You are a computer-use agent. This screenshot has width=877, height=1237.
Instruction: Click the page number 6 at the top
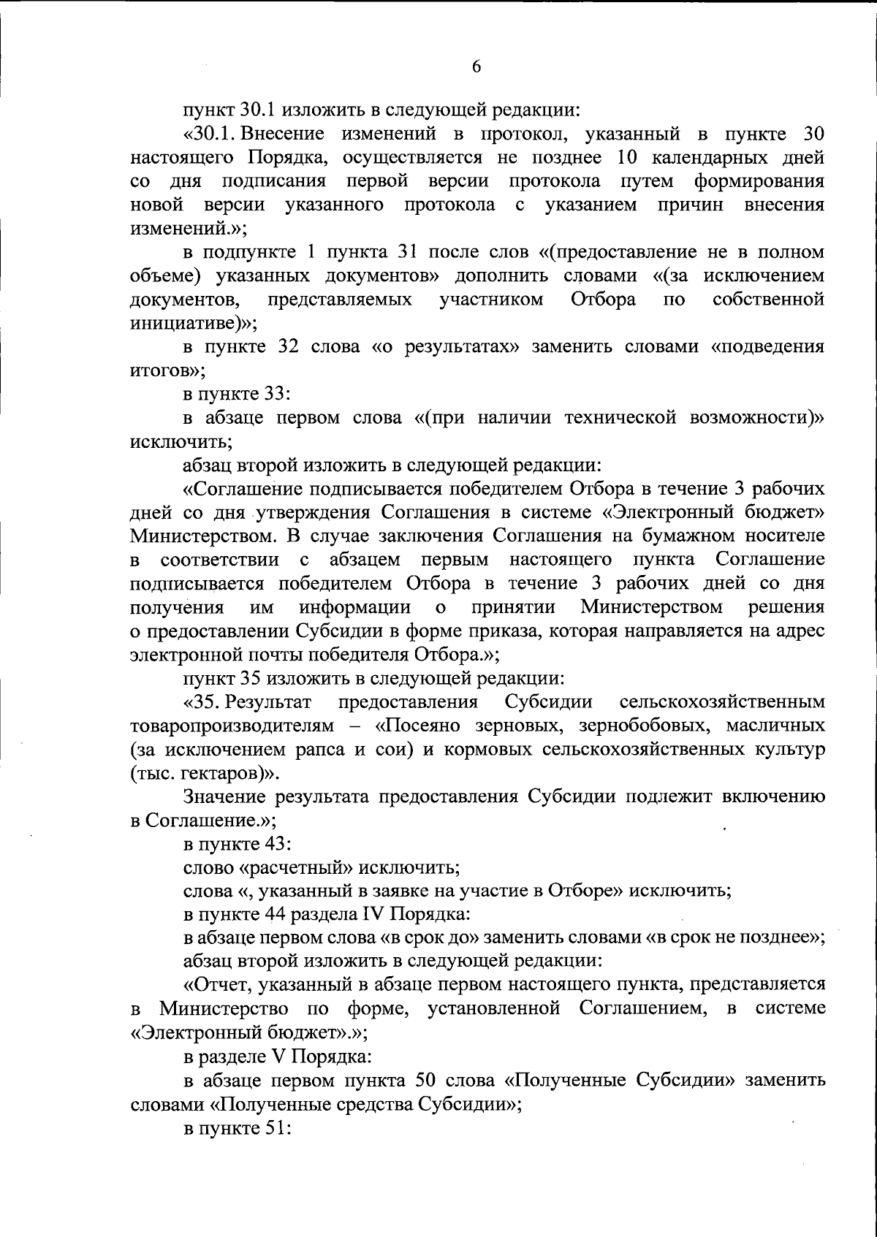pyautogui.click(x=476, y=66)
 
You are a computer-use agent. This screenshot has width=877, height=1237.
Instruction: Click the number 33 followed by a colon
pyautogui.click(x=274, y=395)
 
